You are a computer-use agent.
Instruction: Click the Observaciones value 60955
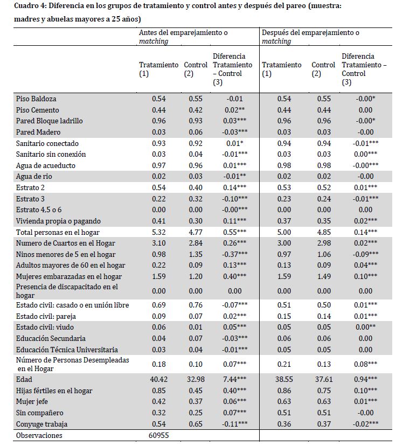point(157,435)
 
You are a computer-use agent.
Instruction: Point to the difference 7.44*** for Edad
point(232,379)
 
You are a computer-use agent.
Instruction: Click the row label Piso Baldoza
point(36,99)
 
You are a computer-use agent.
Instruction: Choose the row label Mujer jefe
point(33,401)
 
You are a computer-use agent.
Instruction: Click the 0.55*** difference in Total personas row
point(232,232)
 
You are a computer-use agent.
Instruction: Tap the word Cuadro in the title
point(26,7)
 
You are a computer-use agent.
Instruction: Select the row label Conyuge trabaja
point(42,424)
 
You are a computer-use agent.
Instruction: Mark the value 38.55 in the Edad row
point(277,379)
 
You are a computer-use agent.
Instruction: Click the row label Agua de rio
point(34,176)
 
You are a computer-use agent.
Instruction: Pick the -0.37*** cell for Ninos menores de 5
point(232,254)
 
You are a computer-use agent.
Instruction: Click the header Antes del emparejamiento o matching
point(183,37)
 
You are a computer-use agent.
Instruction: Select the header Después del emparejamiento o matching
point(310,37)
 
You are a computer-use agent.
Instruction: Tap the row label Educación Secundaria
point(51,338)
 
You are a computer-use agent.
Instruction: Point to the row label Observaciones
point(39,435)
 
